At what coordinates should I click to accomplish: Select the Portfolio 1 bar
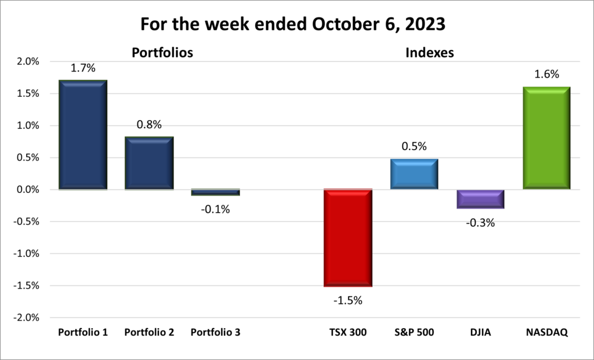tap(83, 135)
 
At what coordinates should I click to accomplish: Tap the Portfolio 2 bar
tap(149, 163)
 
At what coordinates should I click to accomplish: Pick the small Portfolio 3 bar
tap(215, 192)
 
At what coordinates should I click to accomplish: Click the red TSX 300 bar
tap(348, 238)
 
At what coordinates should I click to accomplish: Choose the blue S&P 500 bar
tap(414, 174)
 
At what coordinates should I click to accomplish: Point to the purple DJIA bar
tap(480, 199)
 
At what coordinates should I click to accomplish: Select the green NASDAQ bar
tap(546, 138)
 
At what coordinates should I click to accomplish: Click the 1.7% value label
tap(83, 68)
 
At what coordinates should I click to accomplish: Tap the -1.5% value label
tap(348, 300)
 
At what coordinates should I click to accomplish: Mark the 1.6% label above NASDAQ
tap(546, 74)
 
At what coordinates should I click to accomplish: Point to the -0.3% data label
tap(480, 222)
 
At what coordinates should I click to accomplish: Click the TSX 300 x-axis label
tap(348, 333)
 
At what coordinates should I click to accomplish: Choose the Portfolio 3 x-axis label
tap(215, 333)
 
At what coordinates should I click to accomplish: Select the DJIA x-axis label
tap(480, 333)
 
